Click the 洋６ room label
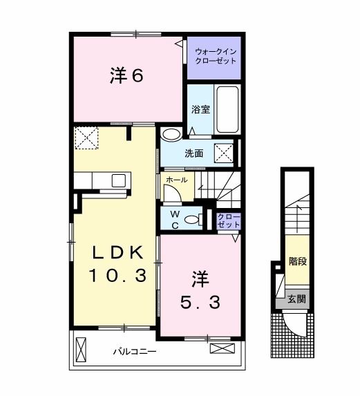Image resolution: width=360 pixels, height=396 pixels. click(x=126, y=76)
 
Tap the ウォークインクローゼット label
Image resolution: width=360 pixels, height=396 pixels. click(x=215, y=55)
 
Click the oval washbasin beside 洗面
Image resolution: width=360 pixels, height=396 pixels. click(x=172, y=134)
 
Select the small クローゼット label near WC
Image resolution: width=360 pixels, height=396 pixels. click(x=228, y=220)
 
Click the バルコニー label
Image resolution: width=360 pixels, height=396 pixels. click(x=135, y=352)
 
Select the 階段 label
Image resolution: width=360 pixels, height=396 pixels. click(x=298, y=262)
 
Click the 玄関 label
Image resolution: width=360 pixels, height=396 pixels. click(x=296, y=300)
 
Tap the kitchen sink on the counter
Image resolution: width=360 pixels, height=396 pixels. click(x=118, y=181)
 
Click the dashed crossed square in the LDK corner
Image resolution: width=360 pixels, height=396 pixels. click(x=86, y=138)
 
